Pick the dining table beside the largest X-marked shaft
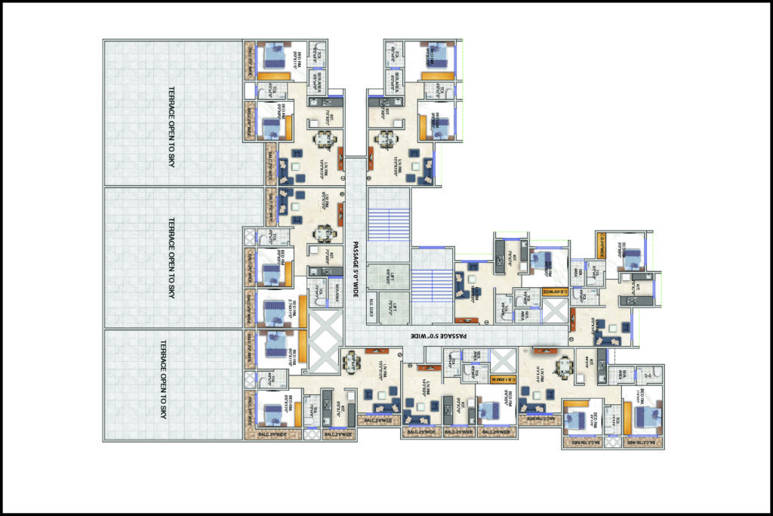(351, 361)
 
